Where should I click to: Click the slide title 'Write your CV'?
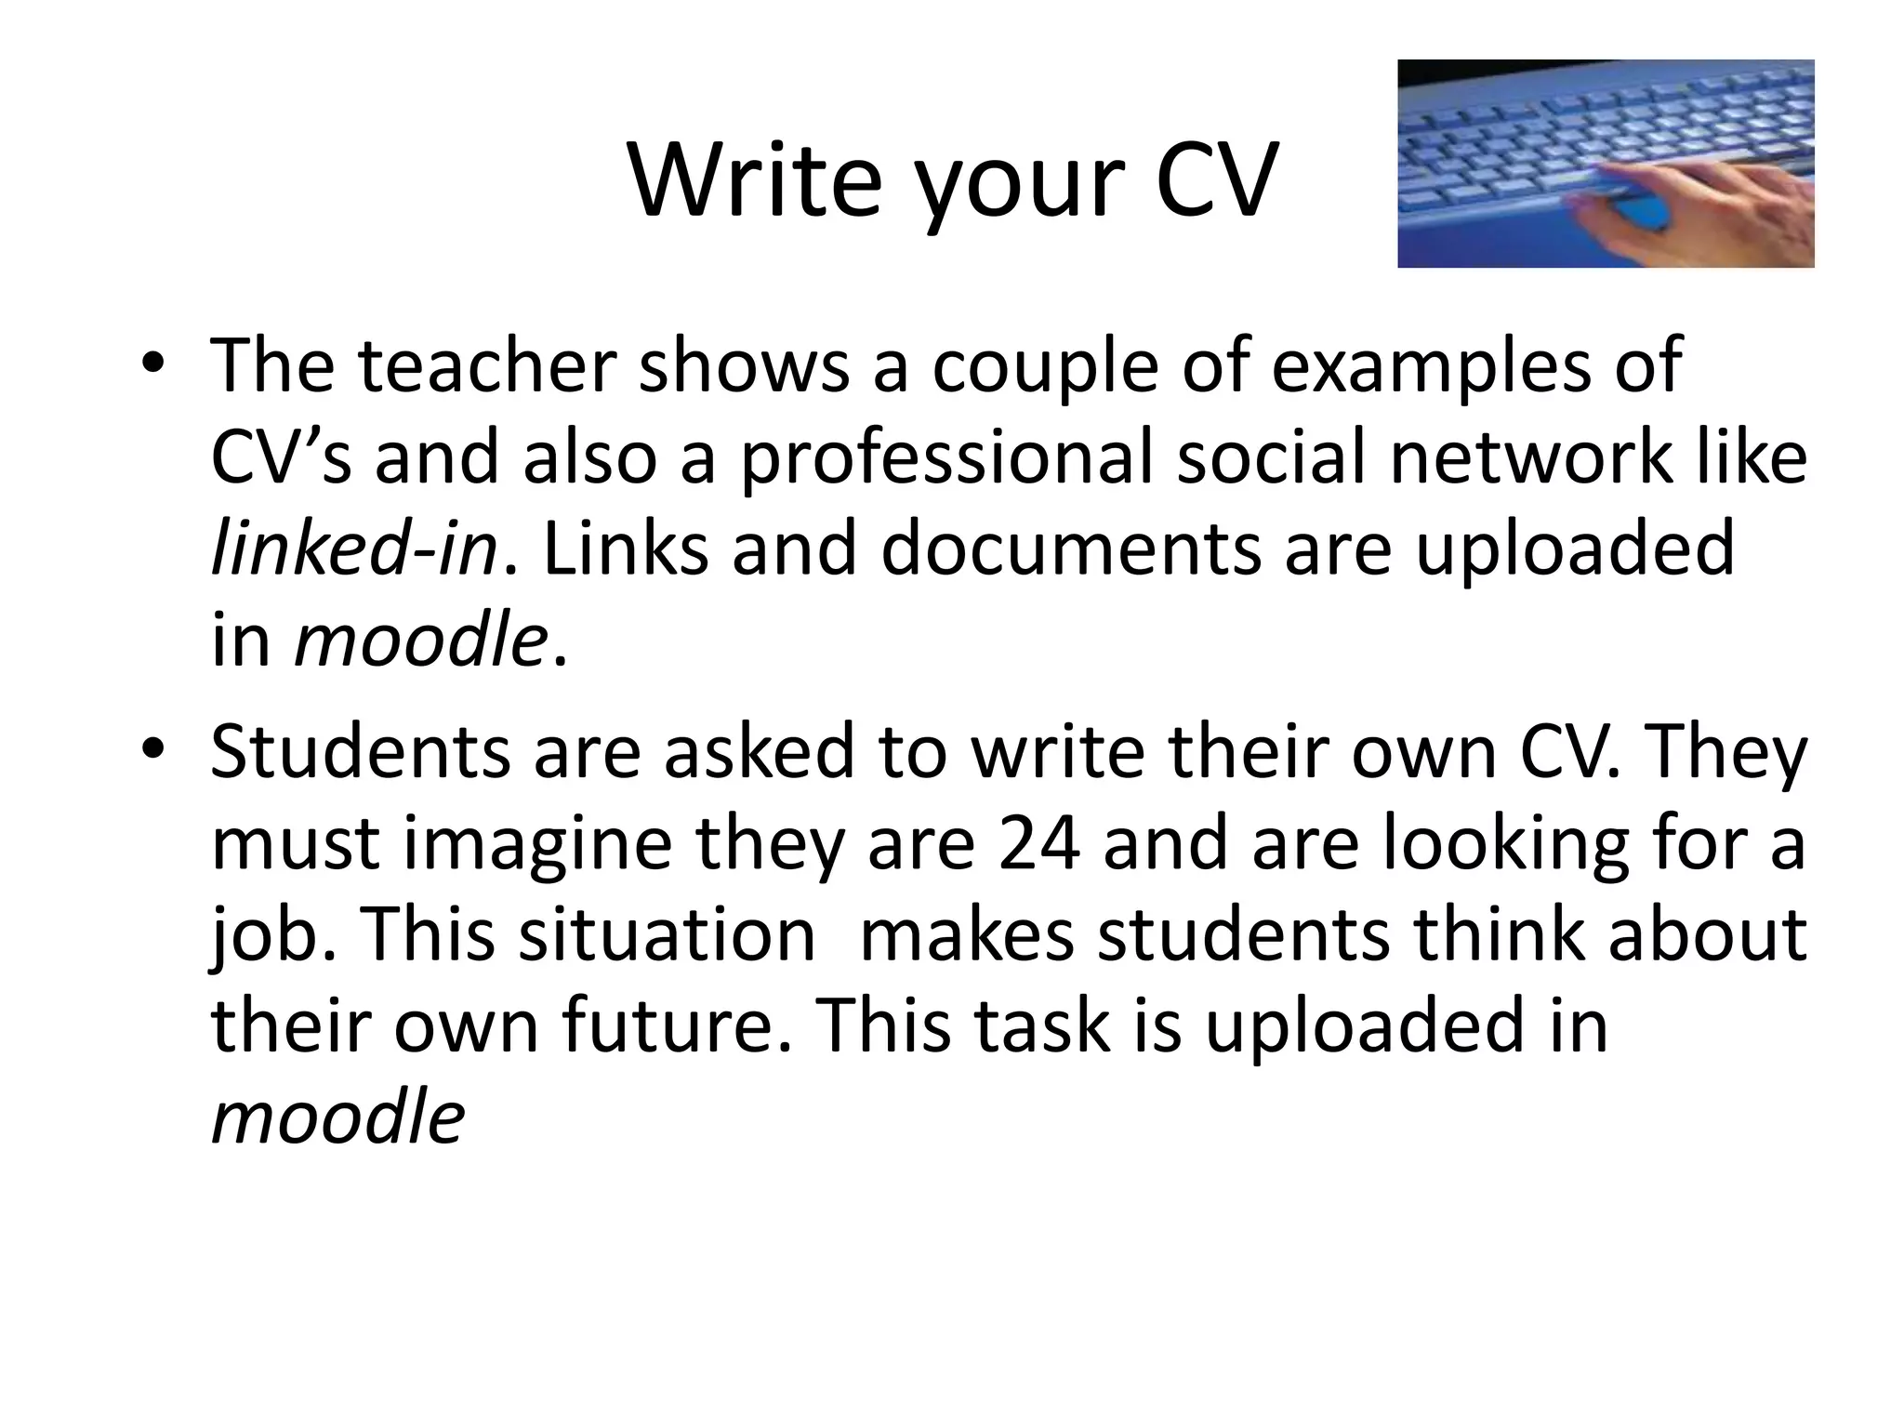pos(953,181)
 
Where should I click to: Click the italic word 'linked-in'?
pos(353,549)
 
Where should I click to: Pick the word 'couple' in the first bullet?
pos(1045,365)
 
